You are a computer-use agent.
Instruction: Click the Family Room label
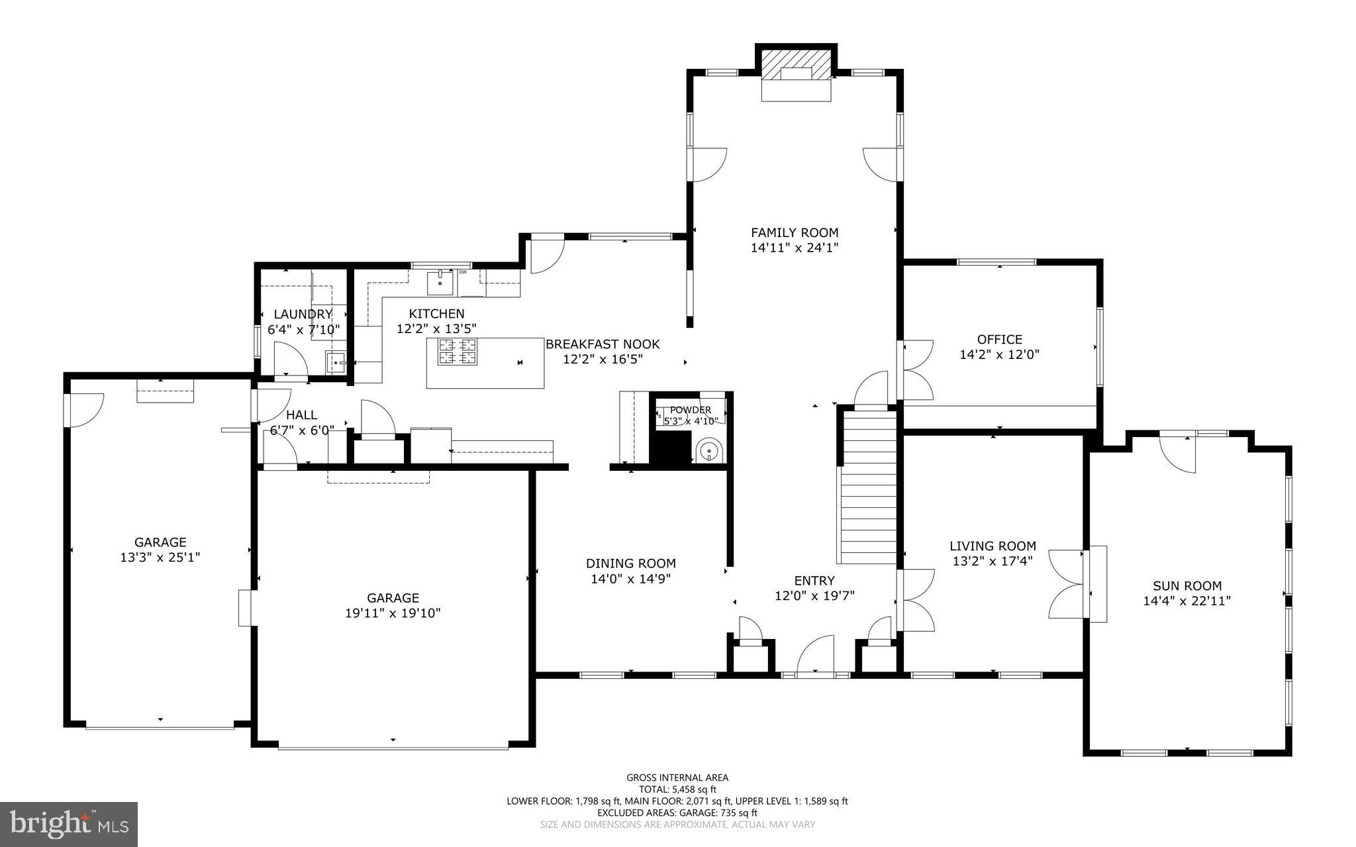[795, 232]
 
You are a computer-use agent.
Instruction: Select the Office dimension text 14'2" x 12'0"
[999, 354]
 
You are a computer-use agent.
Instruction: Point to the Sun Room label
[1186, 585]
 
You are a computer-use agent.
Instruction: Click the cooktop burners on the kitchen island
[457, 351]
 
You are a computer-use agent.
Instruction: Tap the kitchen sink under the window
[440, 283]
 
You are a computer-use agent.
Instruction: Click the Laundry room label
[303, 314]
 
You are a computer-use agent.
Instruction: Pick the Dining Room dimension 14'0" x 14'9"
[630, 579]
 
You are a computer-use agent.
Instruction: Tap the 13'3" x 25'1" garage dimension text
[160, 558]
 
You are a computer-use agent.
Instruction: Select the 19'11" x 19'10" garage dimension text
[393, 613]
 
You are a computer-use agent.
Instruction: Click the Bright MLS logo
[68, 823]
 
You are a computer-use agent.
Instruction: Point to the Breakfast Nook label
[603, 344]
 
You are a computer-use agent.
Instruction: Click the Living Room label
[993, 546]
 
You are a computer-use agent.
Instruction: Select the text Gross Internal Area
[677, 777]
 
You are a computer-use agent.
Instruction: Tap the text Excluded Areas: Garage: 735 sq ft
[677, 813]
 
